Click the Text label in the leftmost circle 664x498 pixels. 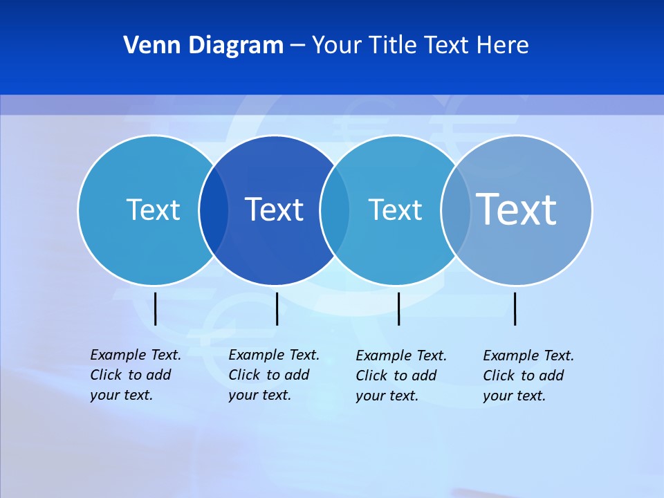pos(153,210)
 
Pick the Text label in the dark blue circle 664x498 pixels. pos(275,210)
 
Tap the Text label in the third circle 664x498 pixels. pos(395,210)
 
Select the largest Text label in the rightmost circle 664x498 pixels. pos(517,210)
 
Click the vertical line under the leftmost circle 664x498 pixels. pos(155,308)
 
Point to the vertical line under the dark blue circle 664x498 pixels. pos(277,308)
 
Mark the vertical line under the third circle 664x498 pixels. pos(398,308)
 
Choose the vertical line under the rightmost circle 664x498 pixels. pos(515,308)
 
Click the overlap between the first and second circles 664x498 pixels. pos(214,210)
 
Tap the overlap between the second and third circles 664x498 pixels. pos(335,210)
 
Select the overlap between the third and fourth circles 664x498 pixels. pos(456,210)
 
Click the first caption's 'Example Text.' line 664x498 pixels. pos(136,355)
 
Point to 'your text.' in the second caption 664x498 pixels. pos(259,395)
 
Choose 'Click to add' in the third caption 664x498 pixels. pos(396,376)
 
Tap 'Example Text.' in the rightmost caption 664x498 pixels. pos(528,356)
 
